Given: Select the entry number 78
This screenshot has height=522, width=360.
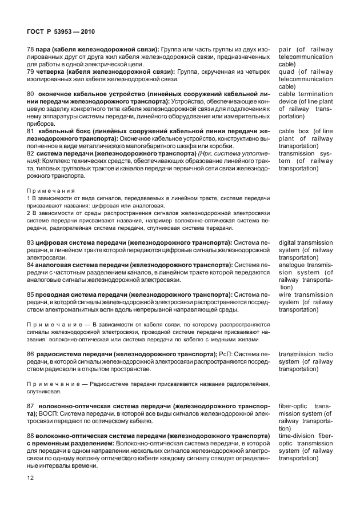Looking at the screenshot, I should coord(31,50).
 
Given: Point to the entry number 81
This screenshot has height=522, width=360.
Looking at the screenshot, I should coord(31,132).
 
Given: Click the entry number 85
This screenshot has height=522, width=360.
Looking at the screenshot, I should coord(31,295).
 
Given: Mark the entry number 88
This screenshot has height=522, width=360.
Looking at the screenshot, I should coord(31,436).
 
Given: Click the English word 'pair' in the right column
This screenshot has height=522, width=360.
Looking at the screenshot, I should coord(285,50).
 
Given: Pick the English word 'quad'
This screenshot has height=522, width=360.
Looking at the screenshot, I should coord(287,72).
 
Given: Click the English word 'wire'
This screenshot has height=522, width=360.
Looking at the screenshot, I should coord(286,295).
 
